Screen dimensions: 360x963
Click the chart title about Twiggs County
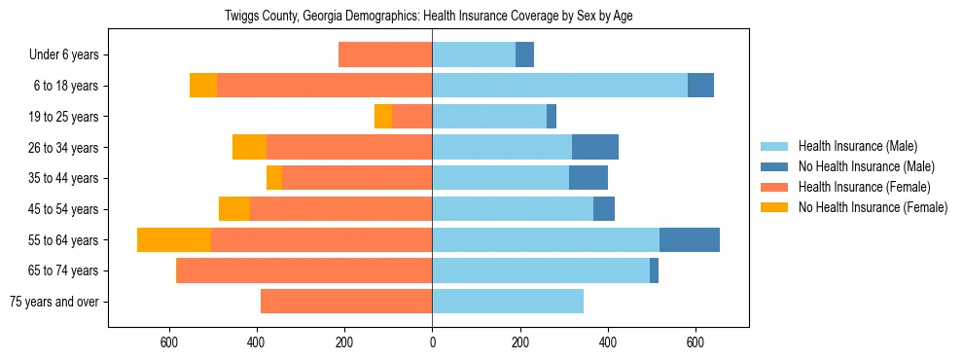(x=428, y=17)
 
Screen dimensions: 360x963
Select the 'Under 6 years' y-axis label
(x=69, y=55)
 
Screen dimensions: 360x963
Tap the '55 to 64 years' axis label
(x=63, y=240)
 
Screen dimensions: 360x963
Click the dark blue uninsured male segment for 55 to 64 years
(x=689, y=240)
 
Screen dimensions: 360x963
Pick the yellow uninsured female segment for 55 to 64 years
(x=174, y=240)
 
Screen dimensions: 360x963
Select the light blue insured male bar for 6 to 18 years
(x=559, y=86)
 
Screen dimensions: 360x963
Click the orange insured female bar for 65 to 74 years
(x=303, y=270)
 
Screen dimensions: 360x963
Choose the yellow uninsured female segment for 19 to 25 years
(x=383, y=117)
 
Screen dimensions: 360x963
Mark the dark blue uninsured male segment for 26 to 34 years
(x=594, y=148)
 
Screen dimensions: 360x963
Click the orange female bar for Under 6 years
(x=385, y=55)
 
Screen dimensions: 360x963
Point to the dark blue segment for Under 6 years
(x=524, y=55)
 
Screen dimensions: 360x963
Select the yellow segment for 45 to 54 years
(x=234, y=209)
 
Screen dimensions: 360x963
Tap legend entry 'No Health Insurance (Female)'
(x=872, y=207)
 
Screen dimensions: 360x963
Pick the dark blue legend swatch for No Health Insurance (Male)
(x=774, y=166)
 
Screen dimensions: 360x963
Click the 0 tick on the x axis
(x=432, y=342)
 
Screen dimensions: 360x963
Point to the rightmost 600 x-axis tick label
(x=695, y=342)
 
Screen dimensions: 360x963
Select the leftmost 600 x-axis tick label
(x=169, y=342)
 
